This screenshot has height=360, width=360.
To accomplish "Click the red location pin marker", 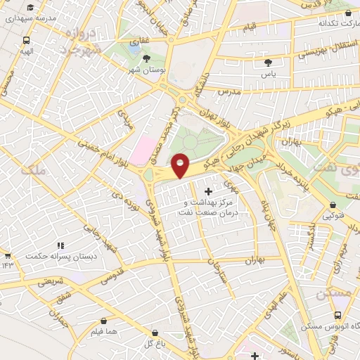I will [x=181, y=165].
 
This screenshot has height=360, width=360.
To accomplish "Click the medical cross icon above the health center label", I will [x=208, y=191].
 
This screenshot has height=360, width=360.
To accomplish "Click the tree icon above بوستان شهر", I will [x=146, y=58].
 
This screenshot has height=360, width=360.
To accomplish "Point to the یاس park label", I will [x=267, y=73].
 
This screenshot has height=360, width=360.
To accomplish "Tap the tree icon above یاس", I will [x=267, y=62].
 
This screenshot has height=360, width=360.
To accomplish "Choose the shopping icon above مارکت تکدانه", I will [x=349, y=12].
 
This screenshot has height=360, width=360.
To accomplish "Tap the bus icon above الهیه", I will [x=26, y=40].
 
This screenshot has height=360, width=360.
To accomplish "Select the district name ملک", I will [x=33, y=169].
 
